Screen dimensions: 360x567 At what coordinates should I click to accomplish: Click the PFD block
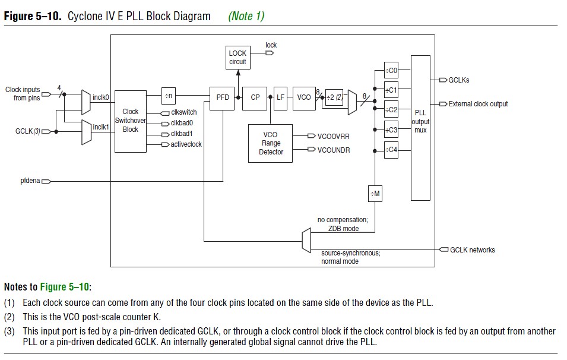tap(223, 97)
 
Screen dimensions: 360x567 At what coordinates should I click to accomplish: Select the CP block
tap(255, 97)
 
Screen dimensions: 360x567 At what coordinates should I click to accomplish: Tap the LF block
tap(281, 97)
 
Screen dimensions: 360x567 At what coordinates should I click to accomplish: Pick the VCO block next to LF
tap(304, 97)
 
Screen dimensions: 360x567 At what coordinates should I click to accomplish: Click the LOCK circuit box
tap(237, 58)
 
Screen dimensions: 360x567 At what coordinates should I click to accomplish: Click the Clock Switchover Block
tap(131, 121)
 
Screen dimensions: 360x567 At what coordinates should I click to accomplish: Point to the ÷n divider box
tap(169, 95)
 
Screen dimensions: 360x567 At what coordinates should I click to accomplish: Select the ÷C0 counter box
tap(391, 71)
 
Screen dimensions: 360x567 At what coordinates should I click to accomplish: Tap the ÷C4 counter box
tap(391, 149)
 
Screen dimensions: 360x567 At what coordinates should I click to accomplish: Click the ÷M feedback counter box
tap(375, 193)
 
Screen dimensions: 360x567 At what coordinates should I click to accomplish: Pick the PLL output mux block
tap(420, 128)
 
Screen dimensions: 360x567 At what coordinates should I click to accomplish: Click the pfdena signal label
tap(30, 181)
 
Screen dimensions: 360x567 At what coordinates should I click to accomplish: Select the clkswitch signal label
tap(183, 112)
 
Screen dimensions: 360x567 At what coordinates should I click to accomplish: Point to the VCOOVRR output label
tap(334, 136)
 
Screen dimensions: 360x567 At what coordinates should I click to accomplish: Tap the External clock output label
tap(479, 104)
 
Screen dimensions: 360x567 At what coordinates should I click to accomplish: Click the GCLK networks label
tap(473, 250)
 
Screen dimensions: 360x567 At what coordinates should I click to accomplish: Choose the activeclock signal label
tap(186, 144)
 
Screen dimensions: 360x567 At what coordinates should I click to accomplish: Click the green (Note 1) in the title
tap(246, 16)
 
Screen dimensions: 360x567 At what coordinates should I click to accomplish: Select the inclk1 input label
tap(101, 127)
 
